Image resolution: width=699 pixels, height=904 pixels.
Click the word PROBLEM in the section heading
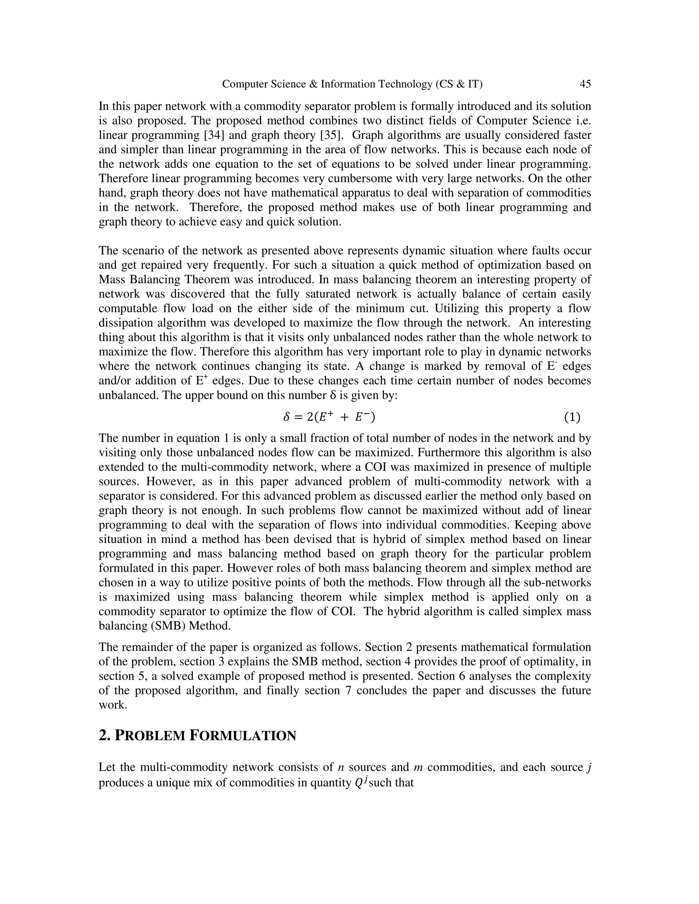(150, 736)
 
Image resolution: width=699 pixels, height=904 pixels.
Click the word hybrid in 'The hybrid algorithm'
(405, 611)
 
